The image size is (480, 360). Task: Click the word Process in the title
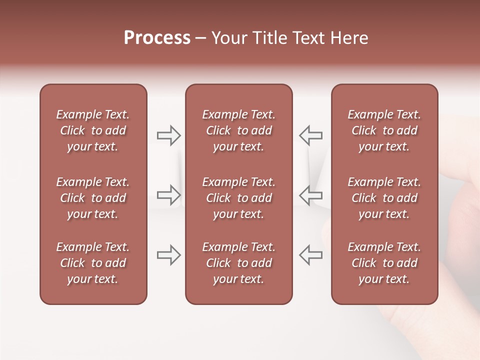pyautogui.click(x=157, y=38)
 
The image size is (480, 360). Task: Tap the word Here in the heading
pyautogui.click(x=348, y=38)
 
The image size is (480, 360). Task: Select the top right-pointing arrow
pyautogui.click(x=169, y=135)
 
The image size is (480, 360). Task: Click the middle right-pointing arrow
pyautogui.click(x=169, y=195)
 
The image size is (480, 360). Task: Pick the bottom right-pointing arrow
pyautogui.click(x=169, y=255)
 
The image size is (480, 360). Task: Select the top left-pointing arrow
pyautogui.click(x=310, y=135)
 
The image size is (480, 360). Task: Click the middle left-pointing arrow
pyautogui.click(x=310, y=195)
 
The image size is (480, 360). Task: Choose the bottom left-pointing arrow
pyautogui.click(x=310, y=255)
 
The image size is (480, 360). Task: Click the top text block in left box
pyautogui.click(x=93, y=130)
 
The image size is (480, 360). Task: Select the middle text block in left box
pyautogui.click(x=93, y=198)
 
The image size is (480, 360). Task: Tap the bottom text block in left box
pyautogui.click(x=93, y=263)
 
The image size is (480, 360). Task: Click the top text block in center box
pyautogui.click(x=238, y=130)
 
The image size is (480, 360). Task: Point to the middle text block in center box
pyautogui.click(x=238, y=198)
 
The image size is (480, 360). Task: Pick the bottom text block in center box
pyautogui.click(x=238, y=263)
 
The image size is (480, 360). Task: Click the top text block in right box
pyautogui.click(x=384, y=130)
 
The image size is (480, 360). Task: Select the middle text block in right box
pyautogui.click(x=384, y=198)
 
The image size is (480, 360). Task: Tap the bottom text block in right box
pyautogui.click(x=384, y=263)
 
